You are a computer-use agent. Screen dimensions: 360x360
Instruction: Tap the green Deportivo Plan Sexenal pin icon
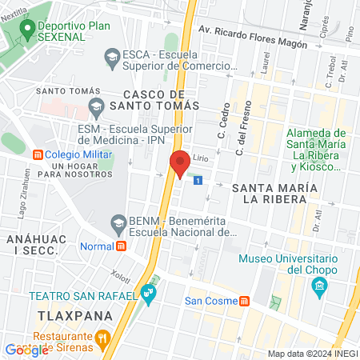[x=27, y=30]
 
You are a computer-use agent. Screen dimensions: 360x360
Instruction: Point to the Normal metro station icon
[x=122, y=246]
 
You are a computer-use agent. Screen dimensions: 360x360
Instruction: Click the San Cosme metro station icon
[x=245, y=301]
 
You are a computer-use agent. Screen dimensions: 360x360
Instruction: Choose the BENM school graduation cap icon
[x=118, y=221]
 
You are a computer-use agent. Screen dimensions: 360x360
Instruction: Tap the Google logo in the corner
[x=26, y=350]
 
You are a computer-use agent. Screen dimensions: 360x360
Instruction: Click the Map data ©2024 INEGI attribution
[x=311, y=354]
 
